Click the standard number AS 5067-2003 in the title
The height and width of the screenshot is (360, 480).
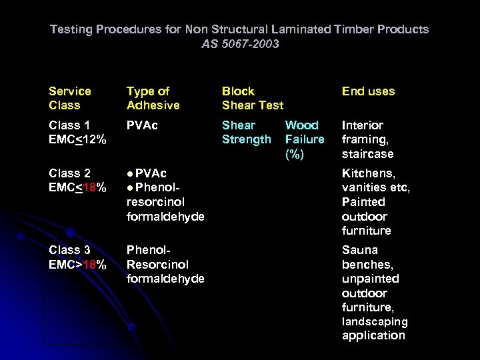point(240,44)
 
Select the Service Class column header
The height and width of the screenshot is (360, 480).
point(70,98)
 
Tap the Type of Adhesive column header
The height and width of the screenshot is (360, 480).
point(153,98)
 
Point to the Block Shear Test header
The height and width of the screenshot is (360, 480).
point(252,98)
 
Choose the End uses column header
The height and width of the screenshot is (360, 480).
point(368,91)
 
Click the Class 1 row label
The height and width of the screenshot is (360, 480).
point(70,125)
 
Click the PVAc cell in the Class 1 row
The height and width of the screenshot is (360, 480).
point(141,125)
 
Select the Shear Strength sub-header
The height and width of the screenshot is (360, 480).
point(246,132)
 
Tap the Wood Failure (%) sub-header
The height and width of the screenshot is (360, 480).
point(304,139)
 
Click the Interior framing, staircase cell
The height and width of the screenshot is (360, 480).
point(368,139)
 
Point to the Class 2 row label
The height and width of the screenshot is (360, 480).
point(70,173)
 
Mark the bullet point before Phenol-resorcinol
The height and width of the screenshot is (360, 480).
point(130,188)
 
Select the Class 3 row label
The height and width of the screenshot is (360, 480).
point(70,250)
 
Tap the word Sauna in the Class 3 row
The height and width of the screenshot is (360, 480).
point(360,250)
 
